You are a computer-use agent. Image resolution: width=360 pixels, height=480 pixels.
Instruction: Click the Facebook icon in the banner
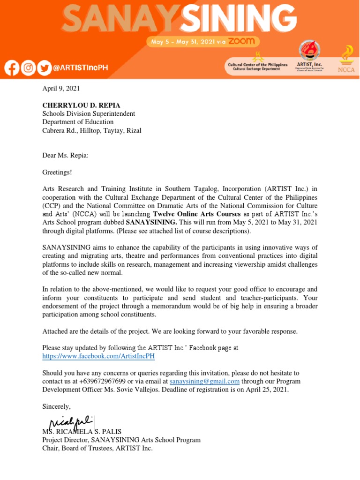click(12, 68)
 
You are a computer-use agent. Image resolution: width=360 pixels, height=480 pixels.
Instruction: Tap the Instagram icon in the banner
click(28, 68)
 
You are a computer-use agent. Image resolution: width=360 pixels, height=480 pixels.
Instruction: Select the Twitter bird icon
click(44, 68)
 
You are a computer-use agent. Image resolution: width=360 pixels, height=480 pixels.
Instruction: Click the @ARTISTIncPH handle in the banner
click(80, 68)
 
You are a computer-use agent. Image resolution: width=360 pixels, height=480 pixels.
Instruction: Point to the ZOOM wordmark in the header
click(242, 41)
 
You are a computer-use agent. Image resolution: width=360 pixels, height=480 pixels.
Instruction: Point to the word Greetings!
click(57, 172)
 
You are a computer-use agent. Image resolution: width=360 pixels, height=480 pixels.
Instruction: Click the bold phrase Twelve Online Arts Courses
click(196, 214)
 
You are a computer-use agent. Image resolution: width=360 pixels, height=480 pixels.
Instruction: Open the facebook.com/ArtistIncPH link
click(98, 356)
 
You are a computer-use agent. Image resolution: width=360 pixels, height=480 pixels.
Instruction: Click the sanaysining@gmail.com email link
click(204, 382)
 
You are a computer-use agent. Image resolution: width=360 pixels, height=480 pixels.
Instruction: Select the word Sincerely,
click(56, 406)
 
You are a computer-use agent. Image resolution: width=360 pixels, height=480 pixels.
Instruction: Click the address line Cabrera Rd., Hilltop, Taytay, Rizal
click(91, 131)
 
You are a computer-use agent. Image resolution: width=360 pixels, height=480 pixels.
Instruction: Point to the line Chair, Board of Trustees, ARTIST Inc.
click(97, 449)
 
